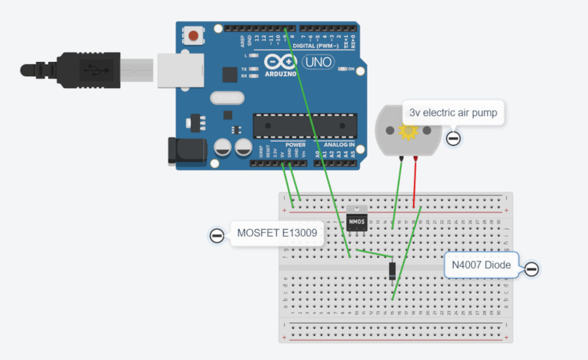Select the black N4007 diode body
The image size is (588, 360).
(392, 269)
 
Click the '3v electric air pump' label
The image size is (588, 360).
(453, 113)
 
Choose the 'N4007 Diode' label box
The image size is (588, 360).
(482, 265)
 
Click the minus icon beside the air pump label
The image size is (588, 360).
(453, 138)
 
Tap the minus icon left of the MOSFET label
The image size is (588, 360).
(217, 235)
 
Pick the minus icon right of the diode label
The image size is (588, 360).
(532, 269)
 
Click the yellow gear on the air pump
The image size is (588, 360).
(409, 131)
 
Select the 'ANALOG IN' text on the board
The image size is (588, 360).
(339, 144)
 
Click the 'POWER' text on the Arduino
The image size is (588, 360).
(295, 144)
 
